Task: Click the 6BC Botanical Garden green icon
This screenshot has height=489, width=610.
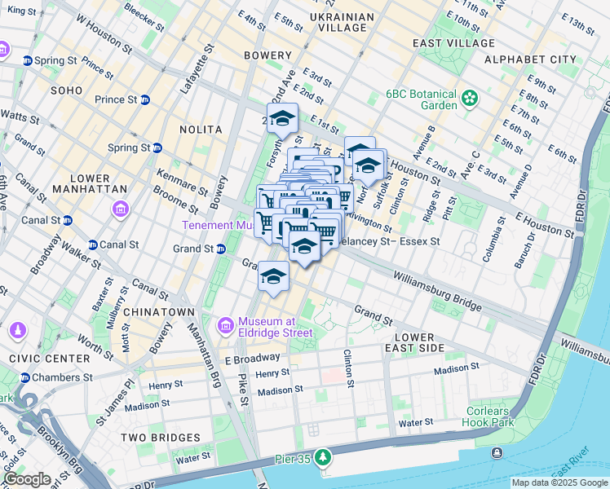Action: (469, 99)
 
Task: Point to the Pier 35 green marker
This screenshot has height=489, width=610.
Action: (325, 457)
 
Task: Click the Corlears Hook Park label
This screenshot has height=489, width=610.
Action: (491, 417)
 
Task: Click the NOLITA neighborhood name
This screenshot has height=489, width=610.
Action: (203, 130)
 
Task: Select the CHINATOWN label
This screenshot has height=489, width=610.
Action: (165, 312)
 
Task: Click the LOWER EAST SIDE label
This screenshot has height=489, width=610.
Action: (419, 342)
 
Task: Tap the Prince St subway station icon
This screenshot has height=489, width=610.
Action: (144, 99)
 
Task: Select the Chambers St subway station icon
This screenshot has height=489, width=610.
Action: (24, 377)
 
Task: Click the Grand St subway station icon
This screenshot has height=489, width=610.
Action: (220, 249)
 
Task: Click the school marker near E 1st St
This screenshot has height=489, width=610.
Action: (282, 119)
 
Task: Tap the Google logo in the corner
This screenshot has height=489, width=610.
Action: (26, 479)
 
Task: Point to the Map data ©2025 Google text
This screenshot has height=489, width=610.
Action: (559, 482)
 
